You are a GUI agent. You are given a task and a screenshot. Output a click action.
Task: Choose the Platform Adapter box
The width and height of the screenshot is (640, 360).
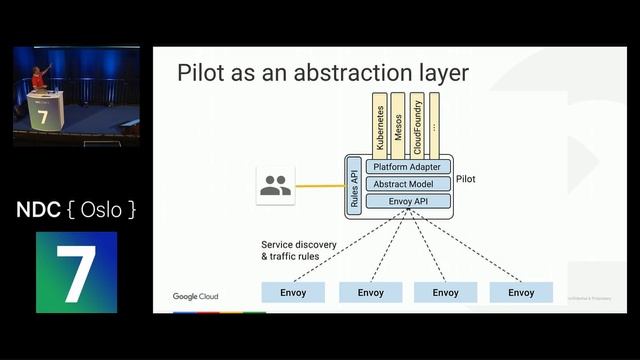tap(408, 167)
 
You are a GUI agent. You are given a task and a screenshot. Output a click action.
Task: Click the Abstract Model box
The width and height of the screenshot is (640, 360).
tap(408, 184)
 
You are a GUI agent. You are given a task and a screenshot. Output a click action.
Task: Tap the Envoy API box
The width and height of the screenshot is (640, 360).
tap(408, 201)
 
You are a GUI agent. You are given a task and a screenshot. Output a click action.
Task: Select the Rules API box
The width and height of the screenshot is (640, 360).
tap(354, 185)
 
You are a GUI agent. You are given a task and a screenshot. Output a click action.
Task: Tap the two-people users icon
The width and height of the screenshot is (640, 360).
tap(275, 186)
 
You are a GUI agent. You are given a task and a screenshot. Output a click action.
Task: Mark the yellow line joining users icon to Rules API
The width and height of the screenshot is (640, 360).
tap(319, 186)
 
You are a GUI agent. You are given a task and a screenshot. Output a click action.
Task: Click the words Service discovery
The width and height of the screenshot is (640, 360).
tap(299, 245)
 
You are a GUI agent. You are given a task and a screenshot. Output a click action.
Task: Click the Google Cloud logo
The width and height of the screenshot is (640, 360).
tap(195, 296)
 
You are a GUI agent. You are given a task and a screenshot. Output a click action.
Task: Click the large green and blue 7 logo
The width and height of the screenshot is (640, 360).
tap(76, 272)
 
